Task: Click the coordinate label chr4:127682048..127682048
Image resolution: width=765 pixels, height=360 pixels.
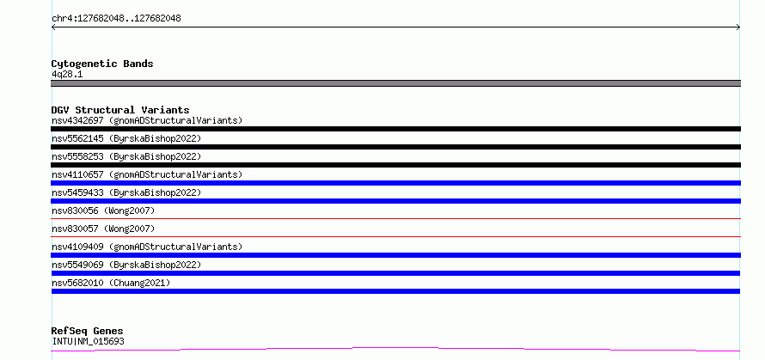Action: pyautogui.click(x=116, y=19)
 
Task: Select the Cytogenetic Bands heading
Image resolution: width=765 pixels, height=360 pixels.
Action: pyautogui.click(x=102, y=64)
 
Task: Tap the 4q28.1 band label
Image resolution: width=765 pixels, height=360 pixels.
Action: pyautogui.click(x=67, y=75)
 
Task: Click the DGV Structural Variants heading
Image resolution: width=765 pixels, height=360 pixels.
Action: pyautogui.click(x=120, y=110)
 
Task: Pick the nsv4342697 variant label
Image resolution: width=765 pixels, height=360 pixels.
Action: pyautogui.click(x=147, y=120)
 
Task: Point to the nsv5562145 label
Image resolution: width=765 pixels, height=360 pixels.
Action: pyautogui.click(x=126, y=138)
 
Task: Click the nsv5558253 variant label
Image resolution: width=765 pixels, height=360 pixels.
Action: pyautogui.click(x=126, y=156)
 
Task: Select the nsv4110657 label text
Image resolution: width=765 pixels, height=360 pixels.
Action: pyautogui.click(x=147, y=174)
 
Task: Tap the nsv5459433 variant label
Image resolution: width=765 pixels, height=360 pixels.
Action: pyautogui.click(x=126, y=192)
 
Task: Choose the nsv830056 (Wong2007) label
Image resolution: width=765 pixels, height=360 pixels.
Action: pyautogui.click(x=103, y=211)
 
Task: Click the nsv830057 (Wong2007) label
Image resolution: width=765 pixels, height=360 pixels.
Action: pyautogui.click(x=103, y=229)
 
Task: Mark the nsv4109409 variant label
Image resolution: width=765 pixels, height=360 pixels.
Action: pyautogui.click(x=147, y=247)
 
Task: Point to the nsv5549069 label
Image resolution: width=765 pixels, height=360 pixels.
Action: pyautogui.click(x=126, y=265)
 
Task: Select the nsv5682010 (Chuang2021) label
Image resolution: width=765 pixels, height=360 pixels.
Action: pyautogui.click(x=111, y=283)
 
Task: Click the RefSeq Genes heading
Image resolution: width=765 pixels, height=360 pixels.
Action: pyautogui.click(x=88, y=332)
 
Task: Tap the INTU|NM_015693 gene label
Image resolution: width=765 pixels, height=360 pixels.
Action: pyautogui.click(x=88, y=341)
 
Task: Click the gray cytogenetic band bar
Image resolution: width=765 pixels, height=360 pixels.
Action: pyautogui.click(x=395, y=83)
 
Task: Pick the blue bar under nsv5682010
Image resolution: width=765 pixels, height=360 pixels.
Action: pyautogui.click(x=395, y=291)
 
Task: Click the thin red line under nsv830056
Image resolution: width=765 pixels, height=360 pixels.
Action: pyautogui.click(x=395, y=218)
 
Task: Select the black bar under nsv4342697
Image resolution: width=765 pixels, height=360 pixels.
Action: pyautogui.click(x=395, y=129)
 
